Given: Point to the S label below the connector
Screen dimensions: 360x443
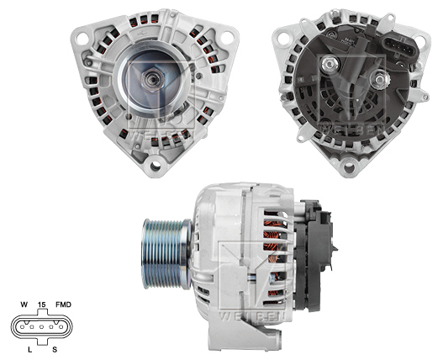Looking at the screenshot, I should [55, 347].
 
